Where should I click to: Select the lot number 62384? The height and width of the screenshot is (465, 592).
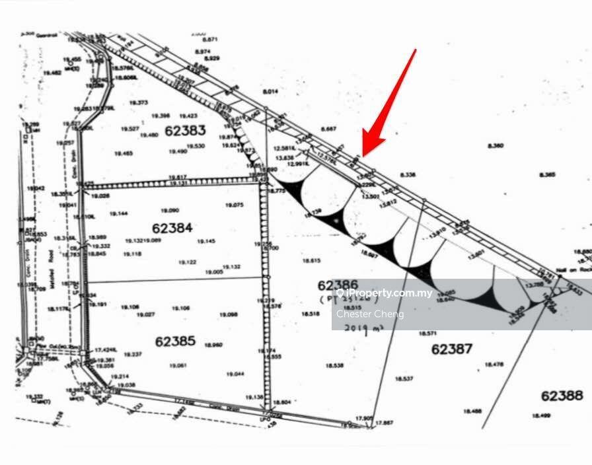pyautogui.click(x=172, y=228)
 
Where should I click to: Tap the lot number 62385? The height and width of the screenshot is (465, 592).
pyautogui.click(x=175, y=341)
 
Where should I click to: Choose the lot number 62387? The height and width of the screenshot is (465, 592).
pyautogui.click(x=452, y=348)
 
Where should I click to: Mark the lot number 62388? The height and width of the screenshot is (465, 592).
pyautogui.click(x=562, y=396)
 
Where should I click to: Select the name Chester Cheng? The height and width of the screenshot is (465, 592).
pyautogui.click(x=370, y=314)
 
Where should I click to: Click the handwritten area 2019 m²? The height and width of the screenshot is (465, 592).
pyautogui.click(x=356, y=328)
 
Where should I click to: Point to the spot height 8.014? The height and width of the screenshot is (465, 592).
pyautogui.click(x=271, y=92)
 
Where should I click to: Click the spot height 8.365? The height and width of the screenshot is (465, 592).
pyautogui.click(x=547, y=175)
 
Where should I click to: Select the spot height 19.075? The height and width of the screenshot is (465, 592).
pyautogui.click(x=234, y=205)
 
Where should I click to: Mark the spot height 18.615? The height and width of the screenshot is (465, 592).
pyautogui.click(x=312, y=261)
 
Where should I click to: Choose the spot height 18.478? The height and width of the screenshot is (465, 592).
pyautogui.click(x=494, y=364)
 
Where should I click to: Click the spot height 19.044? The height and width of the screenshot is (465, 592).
pyautogui.click(x=235, y=374)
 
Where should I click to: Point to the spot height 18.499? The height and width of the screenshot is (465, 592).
pyautogui.click(x=541, y=415)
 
